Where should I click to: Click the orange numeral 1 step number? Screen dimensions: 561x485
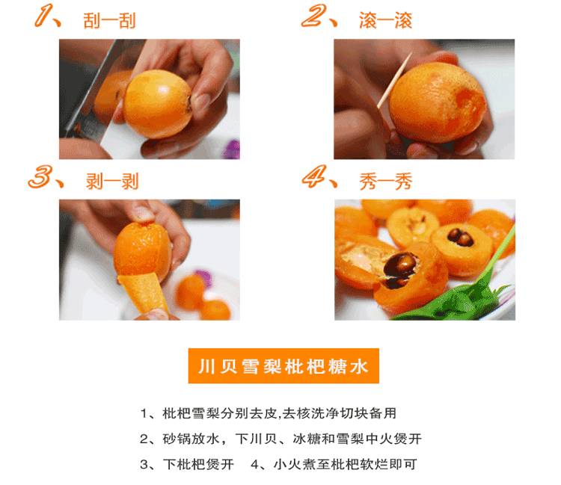[45, 16]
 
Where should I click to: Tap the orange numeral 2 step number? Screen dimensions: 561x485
[314, 16]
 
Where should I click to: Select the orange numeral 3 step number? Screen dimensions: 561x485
[41, 176]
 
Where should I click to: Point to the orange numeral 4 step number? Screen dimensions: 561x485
[315, 176]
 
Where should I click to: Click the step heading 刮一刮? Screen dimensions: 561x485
[109, 21]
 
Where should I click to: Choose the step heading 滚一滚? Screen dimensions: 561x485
[386, 20]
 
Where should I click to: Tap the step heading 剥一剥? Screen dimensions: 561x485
[112, 182]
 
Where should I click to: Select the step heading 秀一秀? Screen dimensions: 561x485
[386, 182]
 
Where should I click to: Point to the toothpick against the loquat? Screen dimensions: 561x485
[395, 81]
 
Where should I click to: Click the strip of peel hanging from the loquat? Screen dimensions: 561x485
[143, 294]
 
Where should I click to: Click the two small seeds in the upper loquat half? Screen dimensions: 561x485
[461, 237]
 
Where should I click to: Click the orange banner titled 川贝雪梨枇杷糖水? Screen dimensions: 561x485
[283, 366]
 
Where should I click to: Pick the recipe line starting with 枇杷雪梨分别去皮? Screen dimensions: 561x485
[269, 413]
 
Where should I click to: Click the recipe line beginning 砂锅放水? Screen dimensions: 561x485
[280, 439]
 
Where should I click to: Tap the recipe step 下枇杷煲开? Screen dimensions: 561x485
[187, 464]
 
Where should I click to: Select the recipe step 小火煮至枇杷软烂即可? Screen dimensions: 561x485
[334, 464]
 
